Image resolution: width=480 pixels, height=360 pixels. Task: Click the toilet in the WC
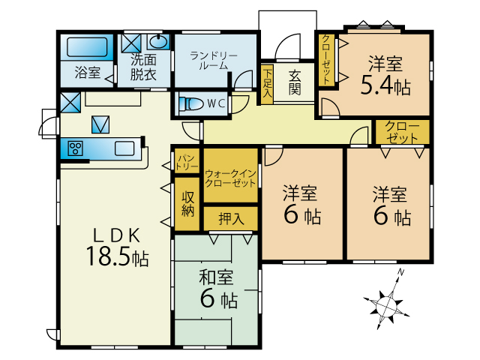191,104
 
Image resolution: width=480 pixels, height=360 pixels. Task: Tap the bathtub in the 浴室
87,47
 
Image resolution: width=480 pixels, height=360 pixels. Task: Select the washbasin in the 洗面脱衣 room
158,41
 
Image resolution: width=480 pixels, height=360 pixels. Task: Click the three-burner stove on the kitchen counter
75,148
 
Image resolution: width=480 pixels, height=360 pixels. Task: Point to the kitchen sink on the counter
124,148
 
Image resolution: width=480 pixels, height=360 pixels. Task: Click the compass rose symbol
387,304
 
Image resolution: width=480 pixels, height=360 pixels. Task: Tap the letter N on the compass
400,271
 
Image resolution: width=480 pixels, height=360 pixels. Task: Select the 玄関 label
295,82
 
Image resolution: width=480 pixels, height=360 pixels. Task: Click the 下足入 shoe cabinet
267,83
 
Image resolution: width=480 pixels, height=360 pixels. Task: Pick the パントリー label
187,162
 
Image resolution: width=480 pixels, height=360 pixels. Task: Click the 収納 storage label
187,203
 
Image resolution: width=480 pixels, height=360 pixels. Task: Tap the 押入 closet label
231,218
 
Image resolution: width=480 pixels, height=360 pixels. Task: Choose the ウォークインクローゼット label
230,178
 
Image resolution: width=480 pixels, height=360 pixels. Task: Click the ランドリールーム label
214,61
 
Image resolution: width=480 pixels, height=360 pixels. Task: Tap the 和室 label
216,277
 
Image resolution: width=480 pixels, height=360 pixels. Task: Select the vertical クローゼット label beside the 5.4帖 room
326,60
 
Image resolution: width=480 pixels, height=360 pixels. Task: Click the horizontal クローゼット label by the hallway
402,132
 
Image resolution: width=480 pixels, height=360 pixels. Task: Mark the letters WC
217,103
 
